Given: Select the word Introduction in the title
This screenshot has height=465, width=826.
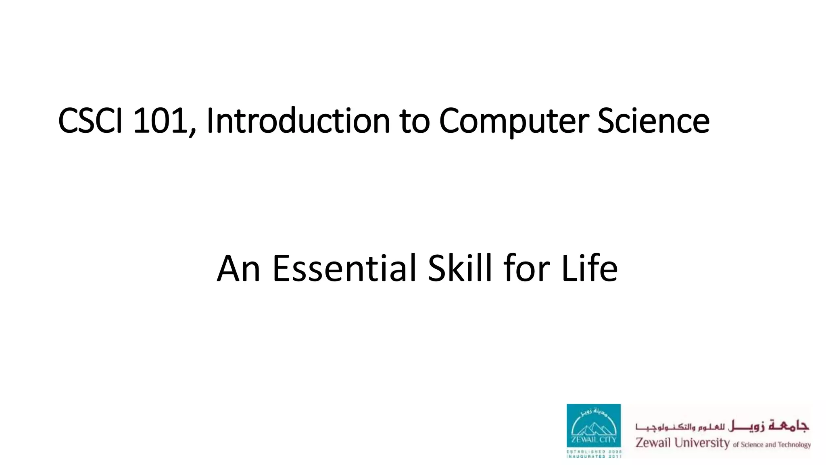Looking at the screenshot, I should (x=298, y=121).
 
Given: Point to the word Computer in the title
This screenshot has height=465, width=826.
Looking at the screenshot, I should (x=513, y=121).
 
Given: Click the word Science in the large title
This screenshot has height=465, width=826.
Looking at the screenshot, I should (x=653, y=121).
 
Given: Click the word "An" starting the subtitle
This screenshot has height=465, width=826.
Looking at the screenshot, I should (x=238, y=269).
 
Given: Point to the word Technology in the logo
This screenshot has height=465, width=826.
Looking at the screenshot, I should (x=794, y=445).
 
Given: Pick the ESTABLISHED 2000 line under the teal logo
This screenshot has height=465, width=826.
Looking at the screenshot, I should (x=594, y=451).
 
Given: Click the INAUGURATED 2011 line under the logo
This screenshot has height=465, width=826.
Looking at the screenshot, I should (x=594, y=457).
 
